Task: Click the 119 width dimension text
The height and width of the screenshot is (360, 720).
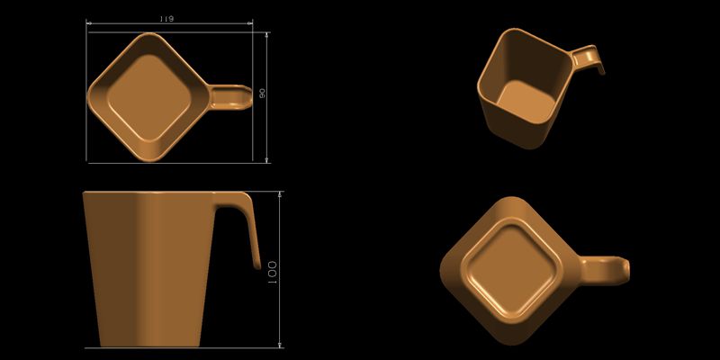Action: click(166, 19)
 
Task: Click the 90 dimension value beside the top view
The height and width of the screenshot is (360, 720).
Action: click(262, 94)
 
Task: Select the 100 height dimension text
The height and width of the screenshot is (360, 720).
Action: click(271, 269)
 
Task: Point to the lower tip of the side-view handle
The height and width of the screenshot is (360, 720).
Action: click(256, 266)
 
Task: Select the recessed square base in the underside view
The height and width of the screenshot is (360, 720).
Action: click(508, 268)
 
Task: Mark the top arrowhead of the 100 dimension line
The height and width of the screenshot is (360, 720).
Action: click(281, 193)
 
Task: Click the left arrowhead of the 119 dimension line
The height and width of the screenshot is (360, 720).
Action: click(89, 24)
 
